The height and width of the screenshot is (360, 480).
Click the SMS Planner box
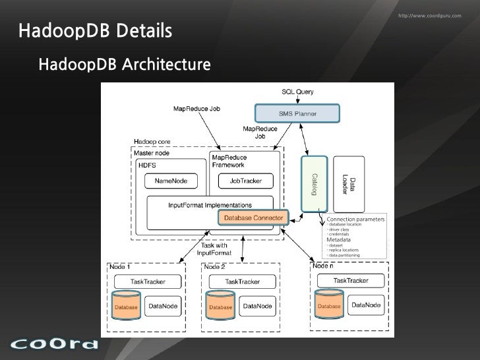[293, 113]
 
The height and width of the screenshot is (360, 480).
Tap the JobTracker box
[246, 180]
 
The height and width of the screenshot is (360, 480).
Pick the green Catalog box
[314, 183]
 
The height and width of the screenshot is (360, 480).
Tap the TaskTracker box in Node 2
[241, 281]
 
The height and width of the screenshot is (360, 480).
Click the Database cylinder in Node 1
[126, 303]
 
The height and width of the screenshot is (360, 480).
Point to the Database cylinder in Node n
[329, 303]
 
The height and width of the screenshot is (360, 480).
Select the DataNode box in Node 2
[258, 306]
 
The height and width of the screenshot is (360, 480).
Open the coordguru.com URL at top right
[430, 15]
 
